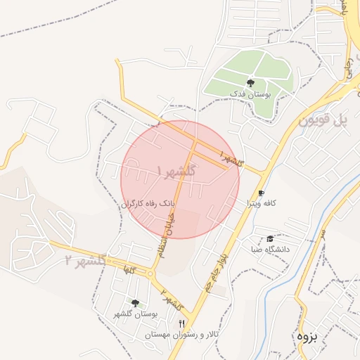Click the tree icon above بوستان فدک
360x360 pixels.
(251, 83)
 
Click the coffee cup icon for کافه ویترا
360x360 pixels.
(261, 193)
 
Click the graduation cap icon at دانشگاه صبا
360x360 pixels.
(271, 239)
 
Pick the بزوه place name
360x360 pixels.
(307, 336)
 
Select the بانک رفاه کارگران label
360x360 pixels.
(147, 203)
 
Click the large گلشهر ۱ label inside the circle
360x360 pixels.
(177, 171)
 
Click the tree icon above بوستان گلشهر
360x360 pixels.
(135, 304)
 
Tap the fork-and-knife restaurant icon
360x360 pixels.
(182, 323)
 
